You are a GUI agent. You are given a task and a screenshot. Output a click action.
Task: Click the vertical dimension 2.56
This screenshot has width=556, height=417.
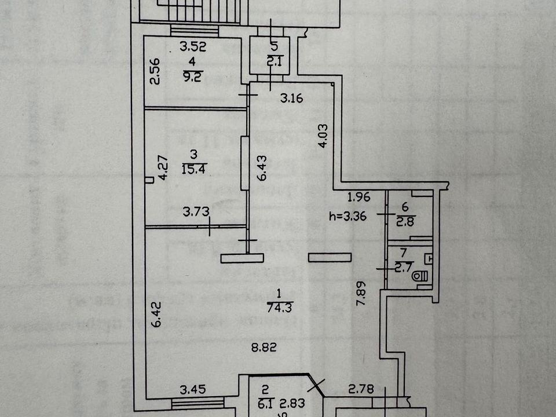(x=155, y=72)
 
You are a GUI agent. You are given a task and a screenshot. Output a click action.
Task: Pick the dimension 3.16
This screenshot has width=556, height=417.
(x=291, y=99)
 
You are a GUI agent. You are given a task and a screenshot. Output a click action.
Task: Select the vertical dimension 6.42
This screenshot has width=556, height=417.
(x=156, y=314)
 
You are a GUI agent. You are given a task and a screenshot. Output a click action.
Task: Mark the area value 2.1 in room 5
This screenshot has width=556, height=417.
(x=273, y=58)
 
